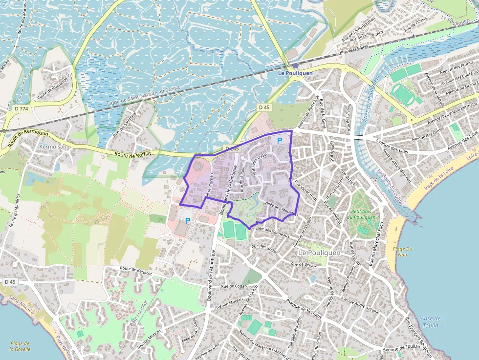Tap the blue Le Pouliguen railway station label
[x=294, y=73]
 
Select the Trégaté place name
[x=64, y=76]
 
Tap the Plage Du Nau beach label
[x=403, y=252]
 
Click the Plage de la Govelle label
[x=20, y=346]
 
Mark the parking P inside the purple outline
[x=280, y=141]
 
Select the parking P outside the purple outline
[x=187, y=221]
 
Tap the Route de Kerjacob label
[x=136, y=271]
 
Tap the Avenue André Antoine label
[x=360, y=304]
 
